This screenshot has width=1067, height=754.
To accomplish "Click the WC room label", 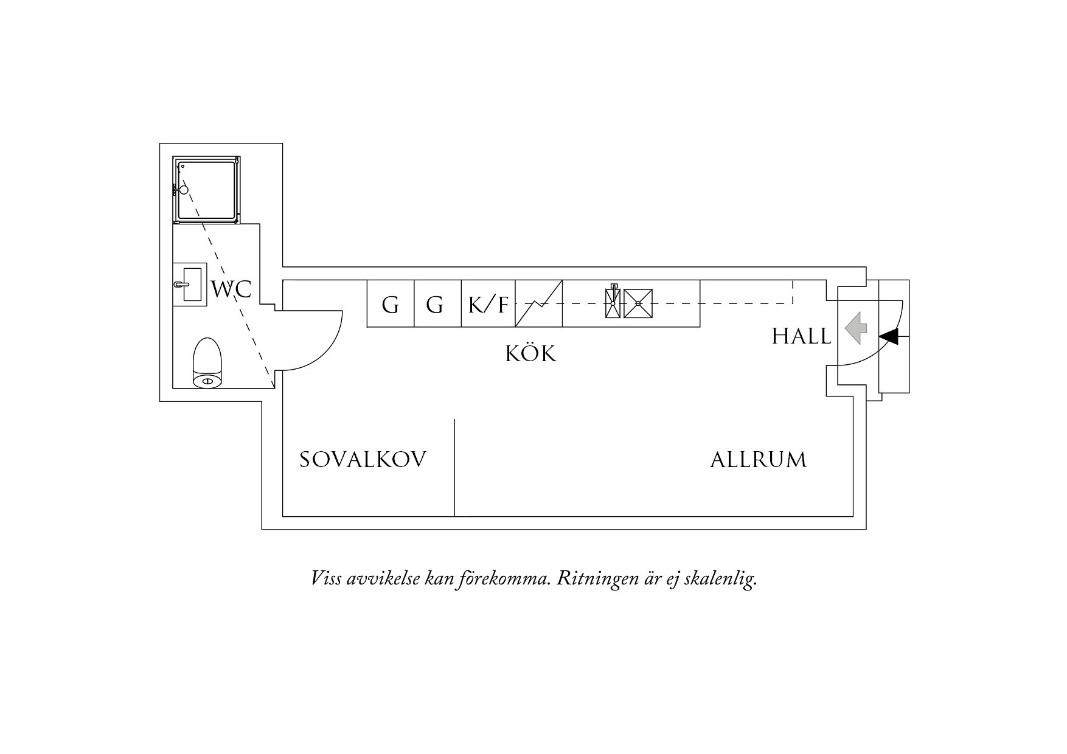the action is coord(231,289).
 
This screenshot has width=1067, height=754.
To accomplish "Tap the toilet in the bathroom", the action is coord(207,363).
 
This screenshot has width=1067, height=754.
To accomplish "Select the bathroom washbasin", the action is coord(190,284).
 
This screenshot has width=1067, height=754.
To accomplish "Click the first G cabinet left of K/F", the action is coord(391,304).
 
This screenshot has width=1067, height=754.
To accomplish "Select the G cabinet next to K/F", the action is coord(437,304).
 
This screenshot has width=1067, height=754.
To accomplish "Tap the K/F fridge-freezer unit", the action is coord(488,304).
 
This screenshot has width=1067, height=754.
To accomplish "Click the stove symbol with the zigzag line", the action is coord(539,304).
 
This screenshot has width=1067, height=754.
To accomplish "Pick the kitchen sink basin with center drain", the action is coord(638,303).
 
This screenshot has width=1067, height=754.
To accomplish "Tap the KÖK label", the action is coord(531,353).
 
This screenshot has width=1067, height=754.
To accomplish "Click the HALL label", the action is coord(801,336).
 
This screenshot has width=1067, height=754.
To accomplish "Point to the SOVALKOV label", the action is coord(363,460).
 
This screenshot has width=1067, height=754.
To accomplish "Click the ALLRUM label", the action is coord(759,460).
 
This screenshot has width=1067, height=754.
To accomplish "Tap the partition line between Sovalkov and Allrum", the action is coord(454,468).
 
